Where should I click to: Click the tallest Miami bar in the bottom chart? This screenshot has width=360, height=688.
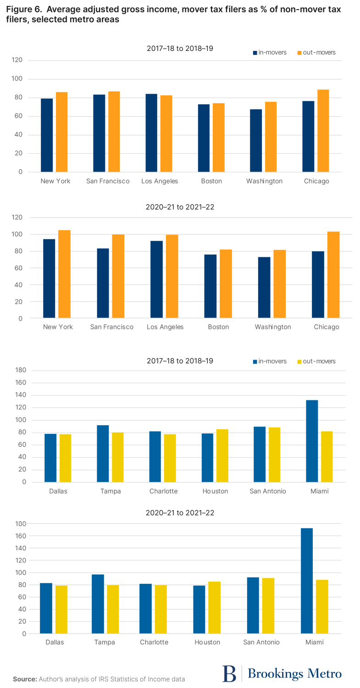tap(307, 581)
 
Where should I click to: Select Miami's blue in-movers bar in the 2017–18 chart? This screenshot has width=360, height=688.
tap(312, 441)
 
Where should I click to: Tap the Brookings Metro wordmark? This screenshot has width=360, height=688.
tap(294, 673)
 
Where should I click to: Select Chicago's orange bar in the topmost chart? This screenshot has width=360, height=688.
tap(323, 131)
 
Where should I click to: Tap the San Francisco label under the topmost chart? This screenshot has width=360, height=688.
tap(108, 181)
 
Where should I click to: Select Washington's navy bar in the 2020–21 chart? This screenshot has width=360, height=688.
tap(264, 288)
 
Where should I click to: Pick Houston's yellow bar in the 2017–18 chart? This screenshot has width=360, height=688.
tap(222, 455)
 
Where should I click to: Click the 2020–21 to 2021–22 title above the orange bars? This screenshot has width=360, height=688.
tap(180, 207)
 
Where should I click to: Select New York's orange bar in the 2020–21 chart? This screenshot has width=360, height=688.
tap(64, 274)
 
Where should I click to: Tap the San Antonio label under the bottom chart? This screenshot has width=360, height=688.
tap(262, 642)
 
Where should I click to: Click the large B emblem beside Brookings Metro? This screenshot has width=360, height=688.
tap(229, 673)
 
